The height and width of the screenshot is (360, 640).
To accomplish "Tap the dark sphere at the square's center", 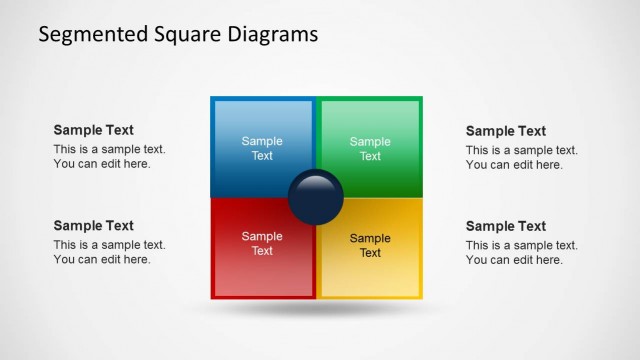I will pos(316,197).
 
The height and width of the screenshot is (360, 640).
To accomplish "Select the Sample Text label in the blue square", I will pos(262,148).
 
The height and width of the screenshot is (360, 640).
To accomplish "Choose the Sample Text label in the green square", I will pos(370,148).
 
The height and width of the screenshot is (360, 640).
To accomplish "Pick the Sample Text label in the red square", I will pos(262,244).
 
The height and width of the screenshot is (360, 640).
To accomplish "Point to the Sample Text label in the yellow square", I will pos(370,245).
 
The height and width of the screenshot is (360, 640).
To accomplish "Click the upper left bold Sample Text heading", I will pos(93,130).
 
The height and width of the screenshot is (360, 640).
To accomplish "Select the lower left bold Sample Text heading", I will pos(93,226).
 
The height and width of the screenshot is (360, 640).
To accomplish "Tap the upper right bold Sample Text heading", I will pos(506,130).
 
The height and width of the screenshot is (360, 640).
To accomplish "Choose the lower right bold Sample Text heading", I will pos(506,226).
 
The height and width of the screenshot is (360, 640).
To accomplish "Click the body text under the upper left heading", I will pos(109,157).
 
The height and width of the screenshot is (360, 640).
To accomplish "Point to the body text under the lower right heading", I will pos(521,253).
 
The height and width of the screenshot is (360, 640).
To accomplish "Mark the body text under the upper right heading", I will pos(521,157).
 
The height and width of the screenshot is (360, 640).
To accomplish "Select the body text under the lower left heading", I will pos(109,253).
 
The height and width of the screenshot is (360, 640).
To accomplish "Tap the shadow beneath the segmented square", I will pos(316,311).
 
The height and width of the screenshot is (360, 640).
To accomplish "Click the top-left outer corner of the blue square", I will pos(212,98).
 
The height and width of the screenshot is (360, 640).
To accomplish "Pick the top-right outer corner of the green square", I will pos(422,98).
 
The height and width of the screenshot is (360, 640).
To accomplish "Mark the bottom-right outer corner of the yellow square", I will pos(422,298).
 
